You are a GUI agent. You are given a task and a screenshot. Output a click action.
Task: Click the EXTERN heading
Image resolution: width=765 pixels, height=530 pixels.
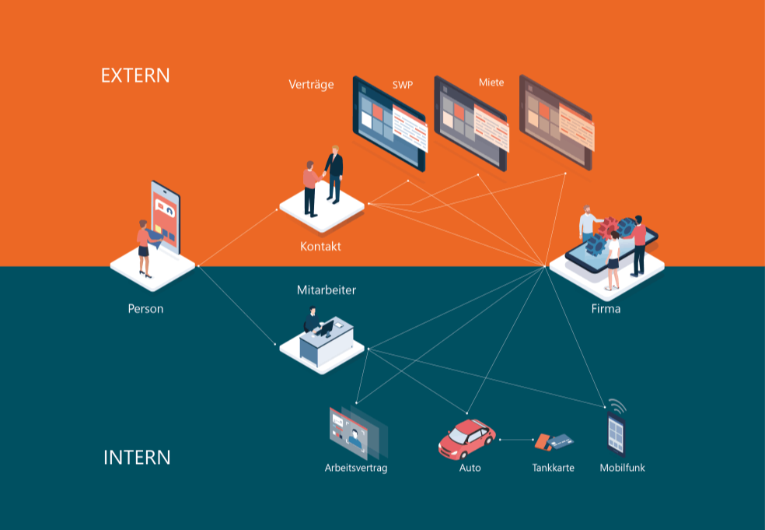pos(135,75)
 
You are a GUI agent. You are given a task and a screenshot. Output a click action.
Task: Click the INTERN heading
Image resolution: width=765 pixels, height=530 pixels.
pos(137,457)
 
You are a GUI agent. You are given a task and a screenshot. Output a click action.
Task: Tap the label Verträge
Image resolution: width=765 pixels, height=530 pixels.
pos(311,84)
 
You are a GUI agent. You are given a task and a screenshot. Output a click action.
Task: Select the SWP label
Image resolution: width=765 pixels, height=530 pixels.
pos(403,84)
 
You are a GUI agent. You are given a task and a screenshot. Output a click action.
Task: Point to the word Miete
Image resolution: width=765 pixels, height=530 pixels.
pos(491,82)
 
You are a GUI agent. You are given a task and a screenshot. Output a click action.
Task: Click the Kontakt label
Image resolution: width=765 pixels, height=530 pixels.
pos(320,247)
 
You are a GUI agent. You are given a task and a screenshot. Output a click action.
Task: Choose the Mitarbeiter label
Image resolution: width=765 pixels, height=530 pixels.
pos(327,290)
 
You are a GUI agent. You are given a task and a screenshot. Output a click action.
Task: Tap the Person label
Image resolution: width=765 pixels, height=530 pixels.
pos(145,309)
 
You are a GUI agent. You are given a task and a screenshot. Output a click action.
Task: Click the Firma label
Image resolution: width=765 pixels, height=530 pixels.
pos(606,309)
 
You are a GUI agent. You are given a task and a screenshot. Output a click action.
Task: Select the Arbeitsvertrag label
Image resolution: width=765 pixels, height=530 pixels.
pos(356,468)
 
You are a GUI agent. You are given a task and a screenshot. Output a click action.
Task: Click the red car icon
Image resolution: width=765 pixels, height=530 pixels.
pos(466,439)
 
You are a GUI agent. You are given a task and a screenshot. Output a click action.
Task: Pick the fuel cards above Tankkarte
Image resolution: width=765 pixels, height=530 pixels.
pos(554,441)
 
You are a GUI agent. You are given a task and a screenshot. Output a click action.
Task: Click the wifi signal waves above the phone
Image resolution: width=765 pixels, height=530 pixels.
pos(617,406)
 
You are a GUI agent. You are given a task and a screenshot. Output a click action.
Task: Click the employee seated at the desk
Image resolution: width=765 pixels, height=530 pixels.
pos(312,320)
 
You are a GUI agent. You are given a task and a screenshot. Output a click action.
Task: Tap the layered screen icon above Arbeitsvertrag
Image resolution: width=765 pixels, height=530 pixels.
pos(356,431)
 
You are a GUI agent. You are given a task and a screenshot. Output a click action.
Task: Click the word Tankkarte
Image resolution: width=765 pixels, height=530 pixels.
pos(554,468)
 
